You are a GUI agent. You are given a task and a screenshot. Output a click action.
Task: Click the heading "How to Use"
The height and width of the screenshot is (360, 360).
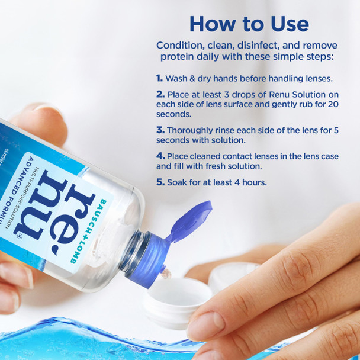(x=249, y=24)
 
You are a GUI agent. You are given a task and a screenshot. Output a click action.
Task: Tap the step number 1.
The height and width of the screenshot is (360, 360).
(x=159, y=78)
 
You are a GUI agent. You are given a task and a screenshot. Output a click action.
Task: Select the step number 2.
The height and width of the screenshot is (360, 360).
(x=160, y=94)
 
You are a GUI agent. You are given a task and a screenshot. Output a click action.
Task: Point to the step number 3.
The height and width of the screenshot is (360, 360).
(x=160, y=130)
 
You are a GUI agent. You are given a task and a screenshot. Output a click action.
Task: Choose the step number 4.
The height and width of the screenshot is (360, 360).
(x=160, y=156)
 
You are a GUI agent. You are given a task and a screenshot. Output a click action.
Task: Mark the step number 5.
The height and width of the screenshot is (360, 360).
(x=160, y=182)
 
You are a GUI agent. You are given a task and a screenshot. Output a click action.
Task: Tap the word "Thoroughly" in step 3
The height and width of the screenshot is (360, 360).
(x=191, y=130)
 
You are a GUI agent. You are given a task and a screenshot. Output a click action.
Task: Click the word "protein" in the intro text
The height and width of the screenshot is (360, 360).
(x=178, y=56)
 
